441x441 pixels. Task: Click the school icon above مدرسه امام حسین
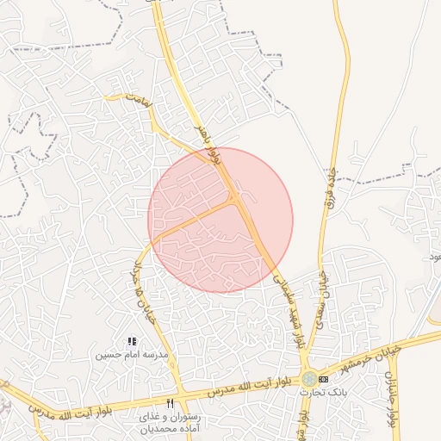[132, 342]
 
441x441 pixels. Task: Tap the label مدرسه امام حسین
[131, 354]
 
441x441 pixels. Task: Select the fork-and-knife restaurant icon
[170, 403]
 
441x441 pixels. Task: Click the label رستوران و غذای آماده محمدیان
[169, 421]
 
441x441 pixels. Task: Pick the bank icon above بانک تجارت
[323, 379]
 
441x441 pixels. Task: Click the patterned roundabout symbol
[307, 379]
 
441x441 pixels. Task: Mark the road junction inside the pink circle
[234, 200]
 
